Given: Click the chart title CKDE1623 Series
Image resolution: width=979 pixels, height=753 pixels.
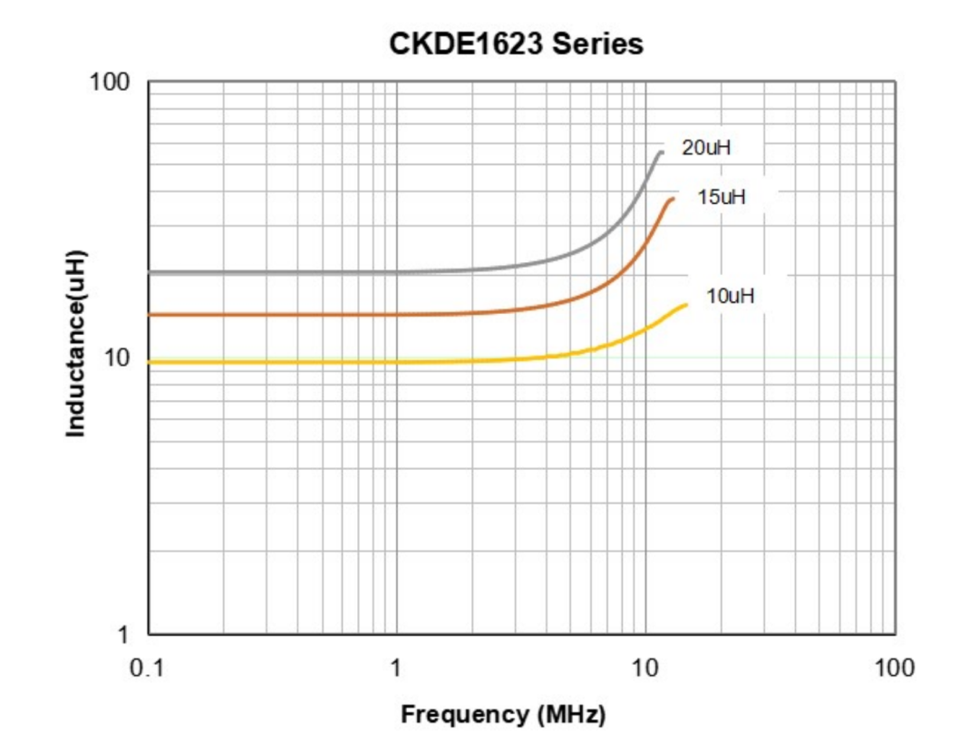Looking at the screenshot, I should click(x=516, y=44).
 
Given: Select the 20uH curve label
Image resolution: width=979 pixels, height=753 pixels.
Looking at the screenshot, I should click(x=706, y=149).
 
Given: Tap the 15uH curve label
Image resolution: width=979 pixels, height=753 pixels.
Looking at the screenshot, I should click(x=722, y=196).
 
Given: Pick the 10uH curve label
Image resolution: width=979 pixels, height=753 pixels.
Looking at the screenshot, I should click(x=731, y=295).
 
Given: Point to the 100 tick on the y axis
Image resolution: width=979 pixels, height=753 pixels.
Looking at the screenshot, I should click(x=110, y=83).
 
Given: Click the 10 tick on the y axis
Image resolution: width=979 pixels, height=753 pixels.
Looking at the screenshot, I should click(x=117, y=358).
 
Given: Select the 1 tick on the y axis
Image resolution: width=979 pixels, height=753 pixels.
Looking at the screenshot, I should click(x=123, y=634).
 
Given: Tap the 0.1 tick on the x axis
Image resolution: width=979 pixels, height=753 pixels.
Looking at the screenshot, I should click(x=148, y=669).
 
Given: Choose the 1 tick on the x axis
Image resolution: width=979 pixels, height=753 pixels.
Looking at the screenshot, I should click(x=396, y=669).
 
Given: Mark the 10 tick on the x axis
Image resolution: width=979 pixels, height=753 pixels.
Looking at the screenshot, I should click(x=645, y=669).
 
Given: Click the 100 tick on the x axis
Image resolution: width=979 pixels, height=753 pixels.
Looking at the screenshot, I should click(x=895, y=669).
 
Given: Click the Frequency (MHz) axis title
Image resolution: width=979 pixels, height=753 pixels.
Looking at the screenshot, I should click(x=503, y=714).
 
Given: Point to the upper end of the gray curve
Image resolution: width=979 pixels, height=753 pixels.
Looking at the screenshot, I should click(x=661, y=152).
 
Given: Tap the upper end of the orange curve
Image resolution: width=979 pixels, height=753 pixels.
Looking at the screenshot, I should click(x=672, y=200).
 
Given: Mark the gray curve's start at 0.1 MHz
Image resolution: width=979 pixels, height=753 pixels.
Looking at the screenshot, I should click(x=150, y=272).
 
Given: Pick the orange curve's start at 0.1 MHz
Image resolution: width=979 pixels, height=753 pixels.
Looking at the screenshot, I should click(x=150, y=315).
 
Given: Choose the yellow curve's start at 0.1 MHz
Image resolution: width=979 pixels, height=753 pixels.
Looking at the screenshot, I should click(x=150, y=362).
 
